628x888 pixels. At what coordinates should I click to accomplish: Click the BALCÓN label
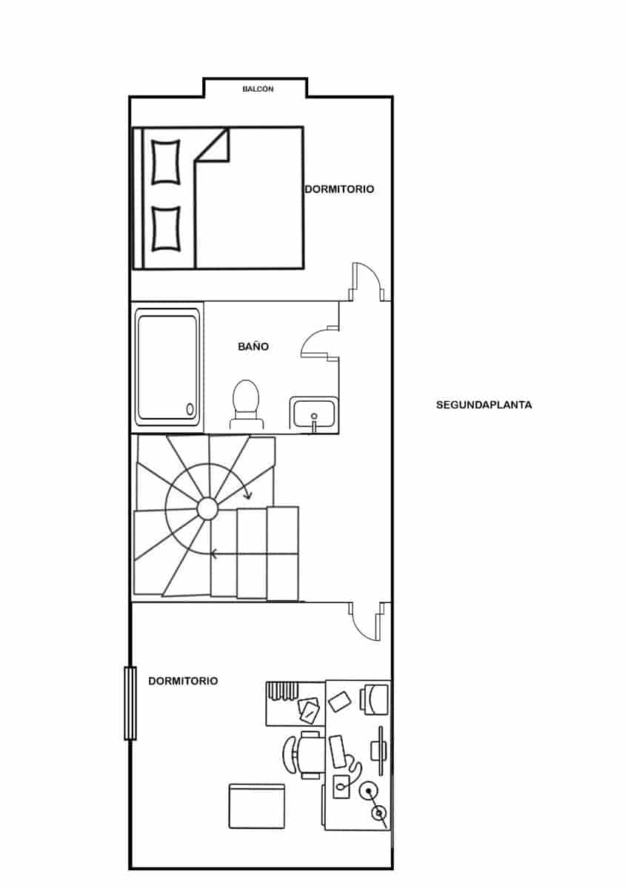click(x=258, y=89)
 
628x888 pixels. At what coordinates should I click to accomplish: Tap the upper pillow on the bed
click(x=166, y=162)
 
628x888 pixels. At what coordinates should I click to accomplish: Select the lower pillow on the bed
click(x=166, y=229)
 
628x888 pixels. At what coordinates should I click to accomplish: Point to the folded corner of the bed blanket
click(x=216, y=147)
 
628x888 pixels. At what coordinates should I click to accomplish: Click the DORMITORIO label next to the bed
click(x=339, y=189)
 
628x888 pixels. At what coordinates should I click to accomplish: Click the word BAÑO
click(x=253, y=346)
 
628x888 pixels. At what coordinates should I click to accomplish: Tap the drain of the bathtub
click(x=190, y=408)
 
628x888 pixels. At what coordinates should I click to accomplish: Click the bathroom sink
click(x=315, y=414)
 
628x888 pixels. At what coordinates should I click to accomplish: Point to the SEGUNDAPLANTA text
click(x=484, y=406)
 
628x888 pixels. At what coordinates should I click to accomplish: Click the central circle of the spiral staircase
click(x=207, y=508)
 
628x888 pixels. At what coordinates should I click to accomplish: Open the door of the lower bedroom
click(x=366, y=620)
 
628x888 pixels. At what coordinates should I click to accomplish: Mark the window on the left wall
click(x=130, y=703)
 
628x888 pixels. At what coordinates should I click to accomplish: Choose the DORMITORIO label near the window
click(x=183, y=681)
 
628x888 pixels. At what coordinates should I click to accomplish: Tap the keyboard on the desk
click(x=338, y=751)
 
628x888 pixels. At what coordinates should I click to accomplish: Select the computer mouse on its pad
click(x=342, y=786)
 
